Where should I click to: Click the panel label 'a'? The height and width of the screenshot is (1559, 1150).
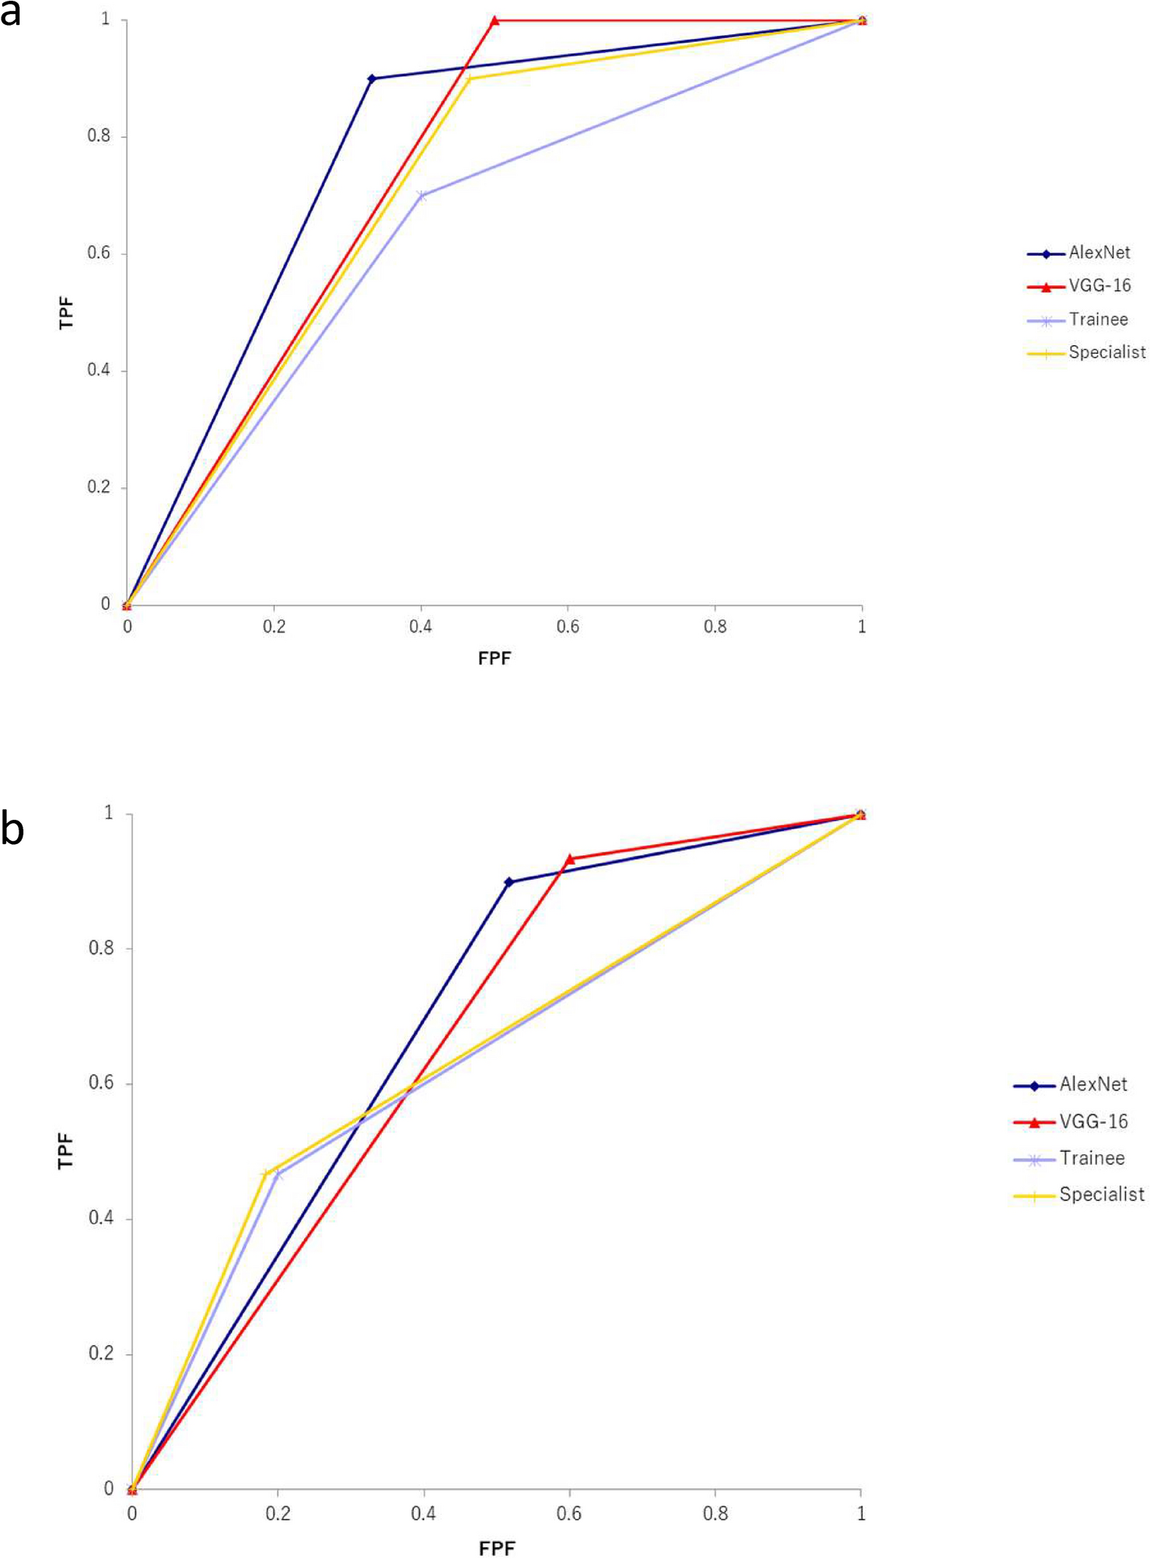(x=10, y=15)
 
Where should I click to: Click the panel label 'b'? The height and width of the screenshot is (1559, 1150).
(x=12, y=830)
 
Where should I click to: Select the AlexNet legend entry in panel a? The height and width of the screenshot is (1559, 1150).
(x=1098, y=253)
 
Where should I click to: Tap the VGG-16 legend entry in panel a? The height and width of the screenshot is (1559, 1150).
(x=1099, y=286)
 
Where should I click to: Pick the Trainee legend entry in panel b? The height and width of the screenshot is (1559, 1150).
(x=1092, y=1159)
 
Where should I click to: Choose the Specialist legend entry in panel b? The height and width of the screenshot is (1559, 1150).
(x=1101, y=1195)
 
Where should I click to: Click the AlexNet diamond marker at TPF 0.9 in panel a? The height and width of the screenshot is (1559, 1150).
(x=372, y=78)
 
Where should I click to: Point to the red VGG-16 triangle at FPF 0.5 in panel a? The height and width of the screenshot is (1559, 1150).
(x=495, y=20)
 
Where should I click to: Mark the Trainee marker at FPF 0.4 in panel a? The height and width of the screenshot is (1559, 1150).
(x=421, y=196)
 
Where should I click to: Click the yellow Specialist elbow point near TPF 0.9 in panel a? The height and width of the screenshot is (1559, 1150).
(x=467, y=78)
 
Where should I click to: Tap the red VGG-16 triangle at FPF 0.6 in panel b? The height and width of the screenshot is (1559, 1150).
(x=569, y=860)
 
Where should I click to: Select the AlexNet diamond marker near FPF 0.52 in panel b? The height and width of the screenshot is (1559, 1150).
(x=509, y=882)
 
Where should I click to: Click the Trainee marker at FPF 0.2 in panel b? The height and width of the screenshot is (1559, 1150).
(x=278, y=1174)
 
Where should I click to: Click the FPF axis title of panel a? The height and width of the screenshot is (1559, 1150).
(x=495, y=658)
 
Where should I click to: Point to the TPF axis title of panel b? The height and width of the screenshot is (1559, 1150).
(x=65, y=1151)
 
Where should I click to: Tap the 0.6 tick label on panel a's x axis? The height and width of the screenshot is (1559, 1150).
(x=568, y=626)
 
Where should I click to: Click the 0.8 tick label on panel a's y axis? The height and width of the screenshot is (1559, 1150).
(x=99, y=136)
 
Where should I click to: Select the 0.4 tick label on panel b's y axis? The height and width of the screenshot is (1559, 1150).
(x=101, y=1218)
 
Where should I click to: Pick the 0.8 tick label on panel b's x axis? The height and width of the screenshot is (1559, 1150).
(x=715, y=1514)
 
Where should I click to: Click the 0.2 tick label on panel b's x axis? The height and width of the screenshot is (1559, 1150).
(x=278, y=1514)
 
